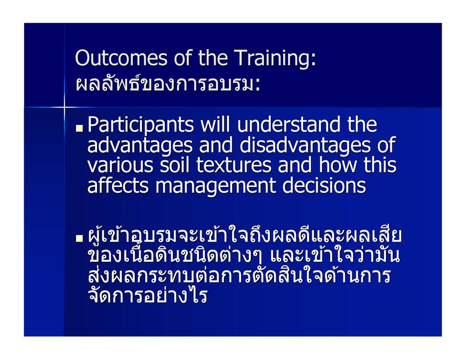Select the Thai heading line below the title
click(x=168, y=85)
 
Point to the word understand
click(x=289, y=124)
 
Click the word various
click(x=120, y=165)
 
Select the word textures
click(x=233, y=165)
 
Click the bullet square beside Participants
click(x=79, y=128)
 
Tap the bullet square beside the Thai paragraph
click(x=79, y=238)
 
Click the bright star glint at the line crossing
click(x=65, y=106)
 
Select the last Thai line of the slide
click(x=147, y=295)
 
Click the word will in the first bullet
click(x=215, y=124)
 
